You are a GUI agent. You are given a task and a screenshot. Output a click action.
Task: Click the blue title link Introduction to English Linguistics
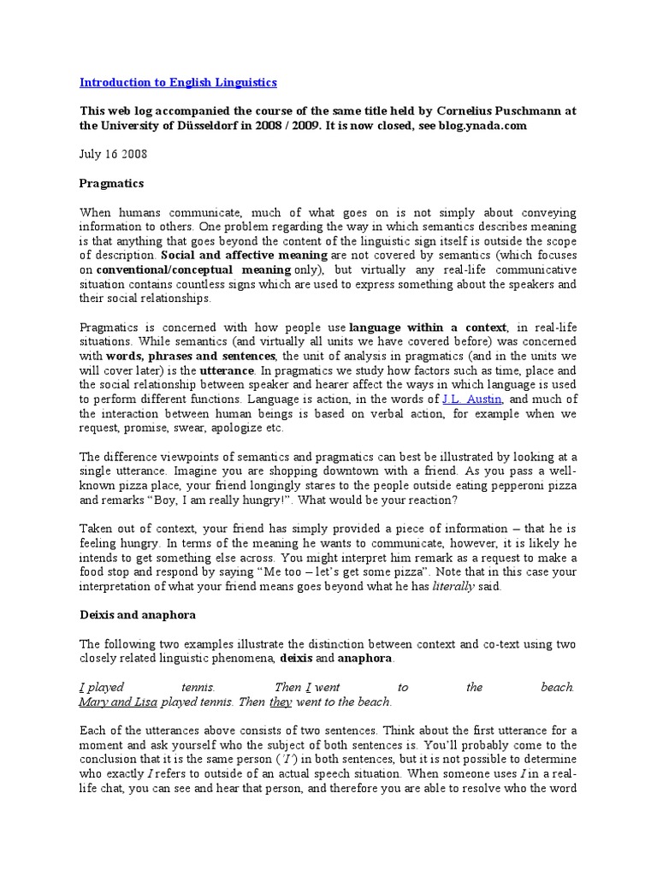point(178,82)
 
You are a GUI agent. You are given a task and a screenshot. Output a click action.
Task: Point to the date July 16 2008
point(113,154)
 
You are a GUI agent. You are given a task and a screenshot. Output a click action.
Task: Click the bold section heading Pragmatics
point(111,183)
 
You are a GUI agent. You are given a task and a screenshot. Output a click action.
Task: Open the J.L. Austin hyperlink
point(471,400)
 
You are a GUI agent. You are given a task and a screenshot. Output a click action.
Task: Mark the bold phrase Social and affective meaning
point(244,255)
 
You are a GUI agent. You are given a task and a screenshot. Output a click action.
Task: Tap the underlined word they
point(281,701)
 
